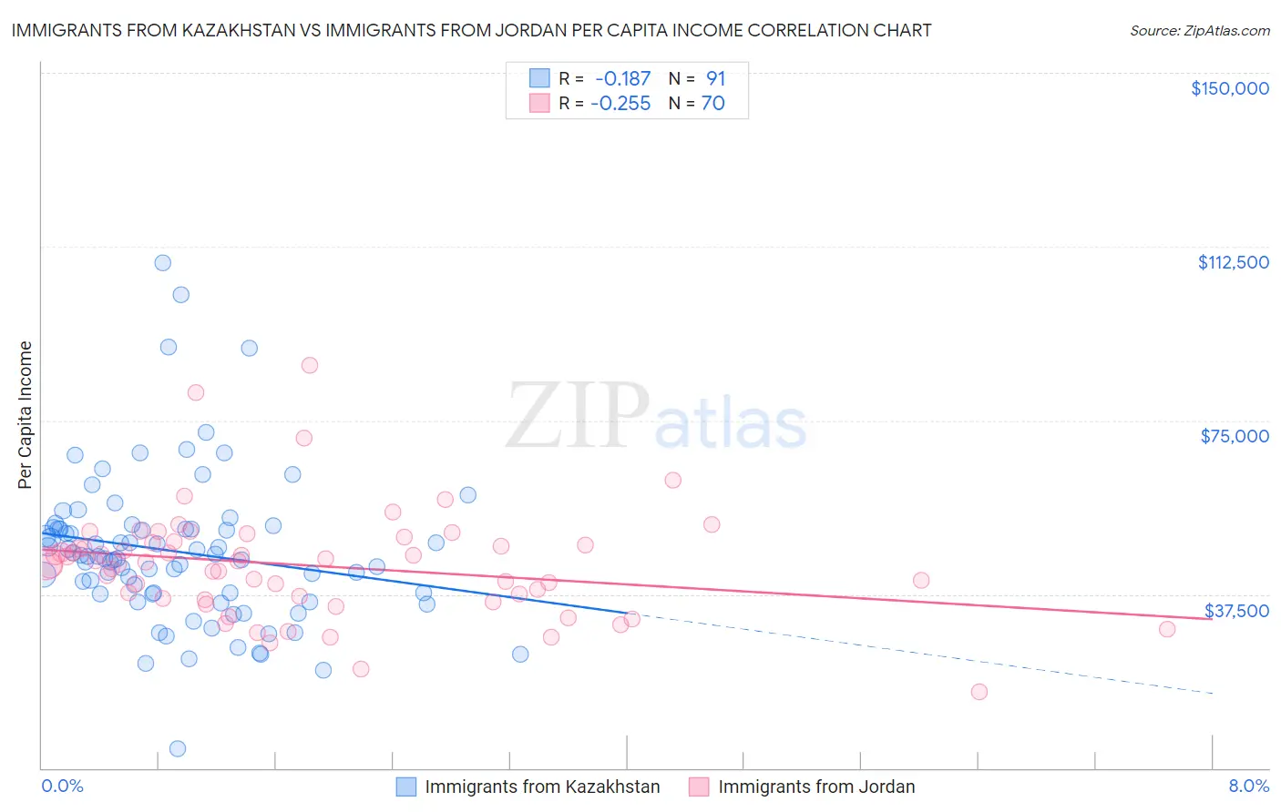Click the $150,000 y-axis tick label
point(1229,88)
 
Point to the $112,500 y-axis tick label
point(1233,262)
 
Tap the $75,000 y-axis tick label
point(1235,436)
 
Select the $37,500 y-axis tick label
point(1236,611)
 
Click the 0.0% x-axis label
point(62,786)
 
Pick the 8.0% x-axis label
point(1248,786)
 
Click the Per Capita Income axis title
point(26,414)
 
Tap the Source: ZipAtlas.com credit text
point(1199,31)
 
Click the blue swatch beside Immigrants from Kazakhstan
point(406,787)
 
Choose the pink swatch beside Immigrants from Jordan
point(699,787)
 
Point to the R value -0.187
point(622,79)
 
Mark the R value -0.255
point(620,104)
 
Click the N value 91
point(715,79)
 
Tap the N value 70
point(712,104)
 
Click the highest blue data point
point(163,263)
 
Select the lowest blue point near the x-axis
point(178,748)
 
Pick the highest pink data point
point(310,365)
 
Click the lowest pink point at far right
point(979,692)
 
